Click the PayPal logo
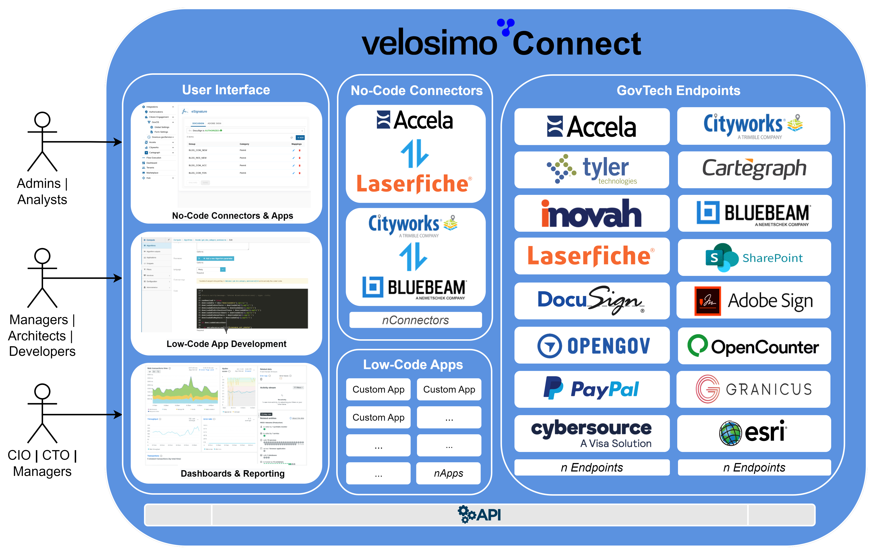coord(592,389)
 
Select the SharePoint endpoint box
coord(754,257)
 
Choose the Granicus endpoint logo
coord(753,389)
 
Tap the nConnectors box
coord(415,320)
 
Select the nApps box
coord(448,473)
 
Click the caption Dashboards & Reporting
coord(233,473)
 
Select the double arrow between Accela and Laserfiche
coord(415,153)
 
